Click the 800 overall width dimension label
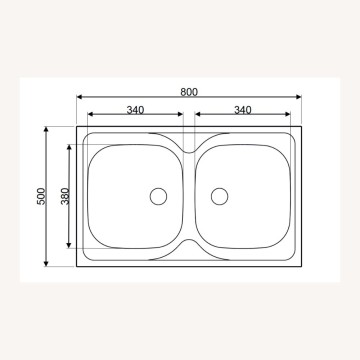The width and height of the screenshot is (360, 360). (189, 91)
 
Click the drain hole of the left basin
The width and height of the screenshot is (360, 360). (157, 196)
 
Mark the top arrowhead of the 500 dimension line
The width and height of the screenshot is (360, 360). (48, 129)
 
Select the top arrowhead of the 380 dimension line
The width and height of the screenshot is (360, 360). (69, 146)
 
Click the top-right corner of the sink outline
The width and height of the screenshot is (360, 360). (301, 126)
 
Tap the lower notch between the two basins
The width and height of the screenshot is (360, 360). (190, 244)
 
